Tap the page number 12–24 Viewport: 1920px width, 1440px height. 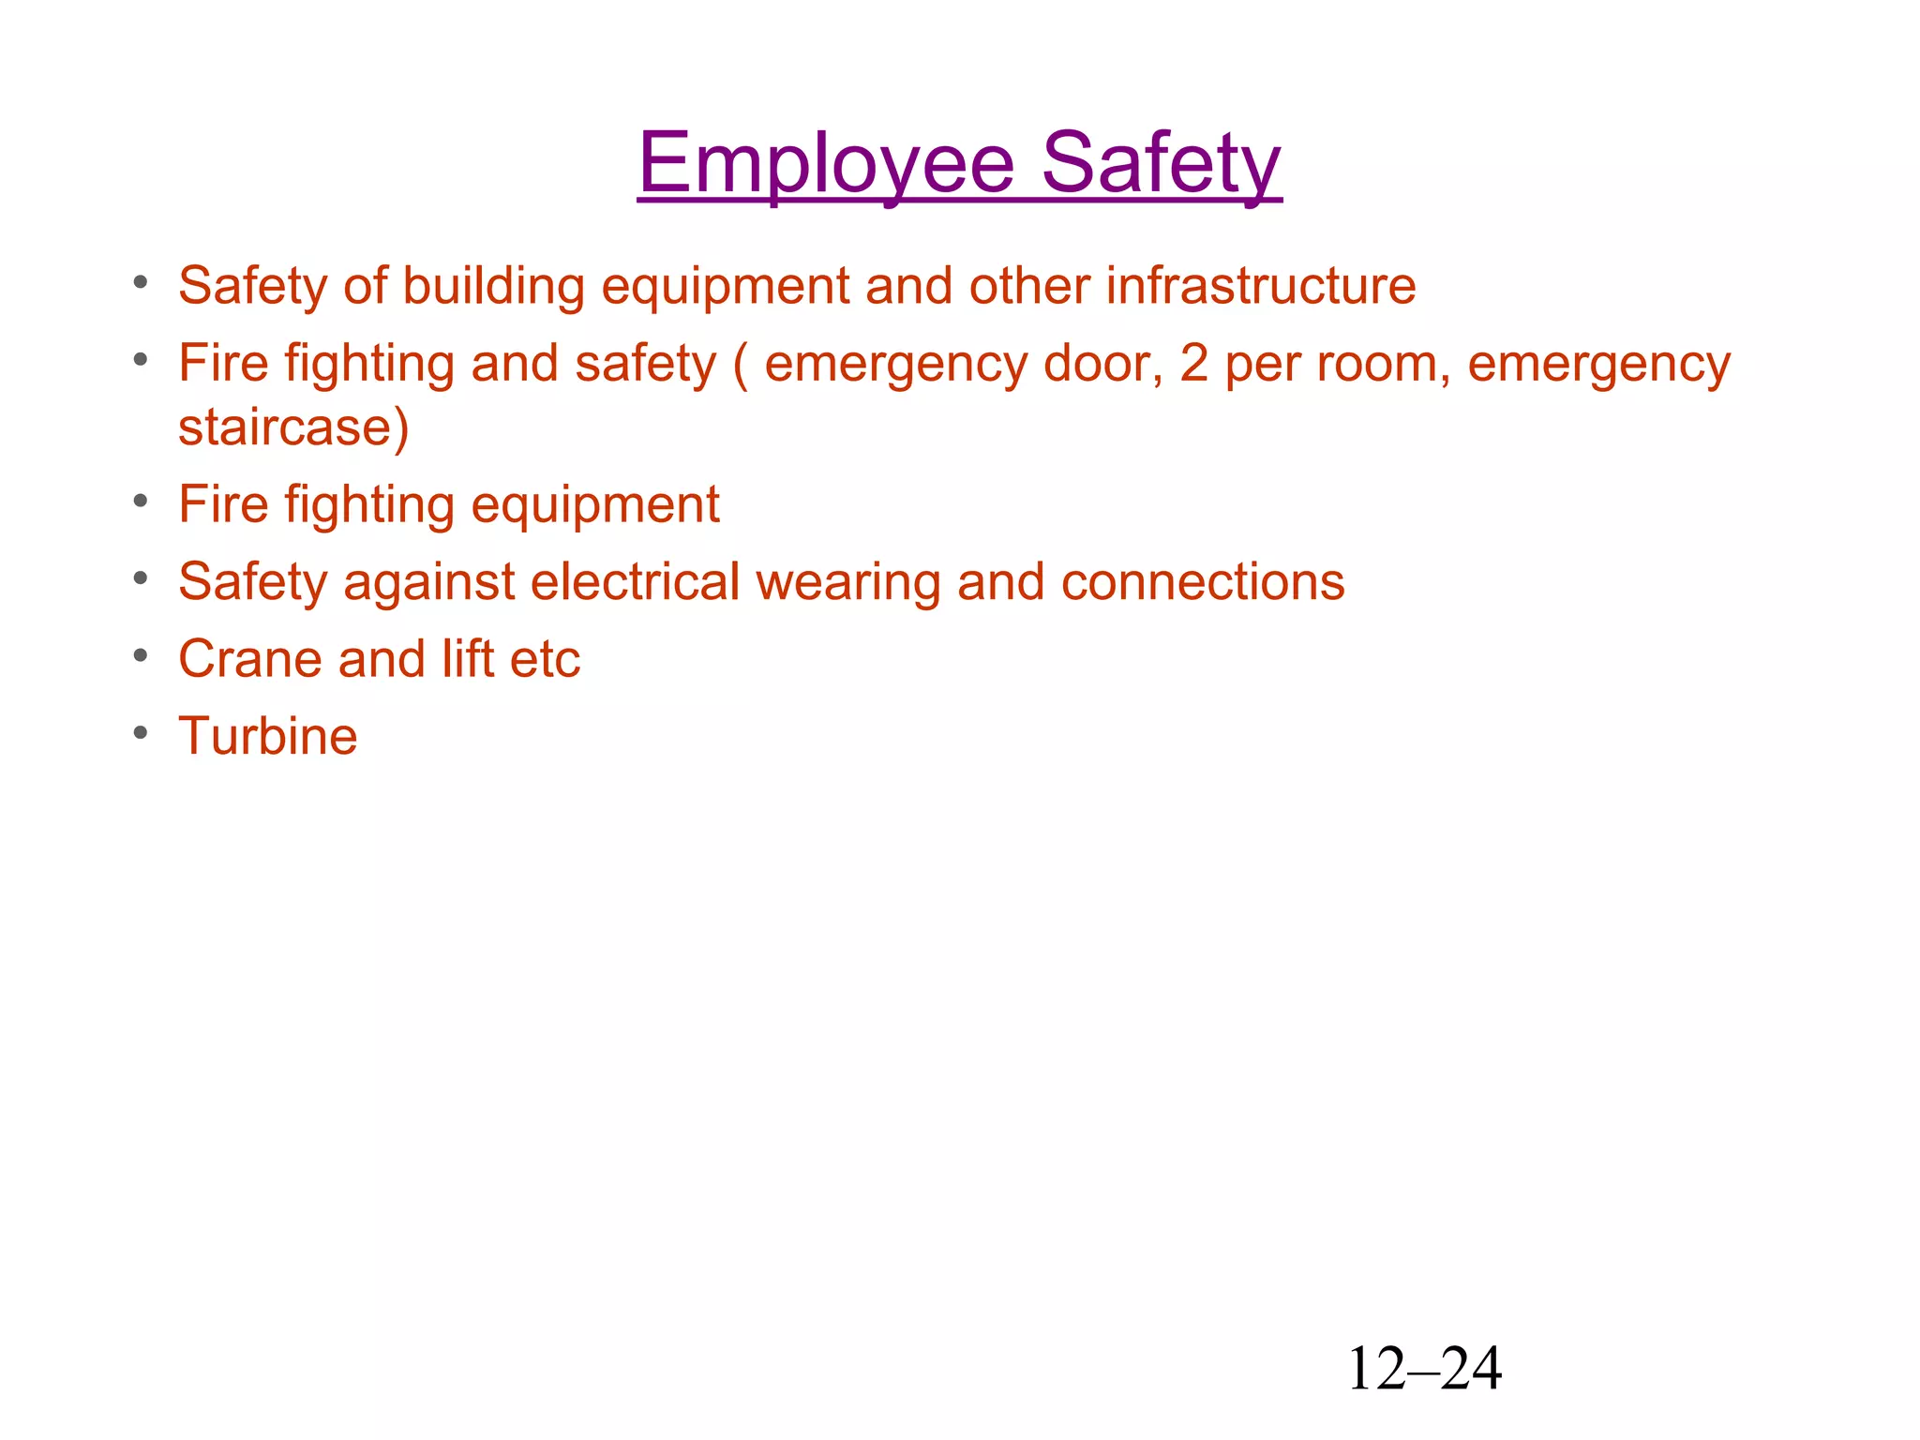[x=1424, y=1369]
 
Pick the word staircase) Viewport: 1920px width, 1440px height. [x=293, y=427]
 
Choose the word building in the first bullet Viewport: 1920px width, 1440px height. [x=494, y=287]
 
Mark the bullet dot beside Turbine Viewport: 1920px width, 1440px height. [x=141, y=732]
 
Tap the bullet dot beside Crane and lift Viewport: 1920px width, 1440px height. [x=141, y=655]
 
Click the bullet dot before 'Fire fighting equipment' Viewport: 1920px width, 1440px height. [x=141, y=501]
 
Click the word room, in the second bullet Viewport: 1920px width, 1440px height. [x=1384, y=365]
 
